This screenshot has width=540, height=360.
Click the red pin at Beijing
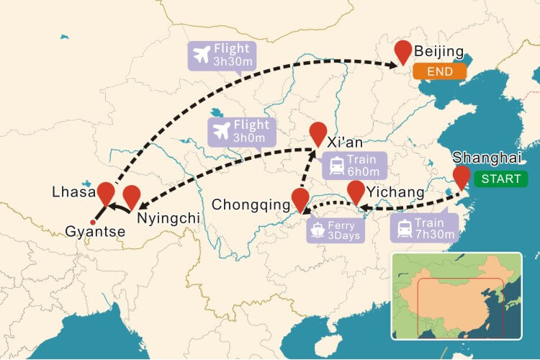pos(404,50)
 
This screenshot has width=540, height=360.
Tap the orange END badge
pos(439,72)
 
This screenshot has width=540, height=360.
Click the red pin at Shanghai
pos(462,175)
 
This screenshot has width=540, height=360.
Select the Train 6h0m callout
pos(354,165)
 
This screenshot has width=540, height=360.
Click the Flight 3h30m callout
pos(220,55)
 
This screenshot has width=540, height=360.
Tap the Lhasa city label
pos(72,192)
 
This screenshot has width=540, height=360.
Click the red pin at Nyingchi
pos(131,195)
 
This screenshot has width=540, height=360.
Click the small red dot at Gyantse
pos(91,221)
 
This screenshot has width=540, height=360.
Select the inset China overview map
pos(456,296)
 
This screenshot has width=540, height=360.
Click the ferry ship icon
pos(318,230)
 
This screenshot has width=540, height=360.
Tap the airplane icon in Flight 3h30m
pos(202,55)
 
